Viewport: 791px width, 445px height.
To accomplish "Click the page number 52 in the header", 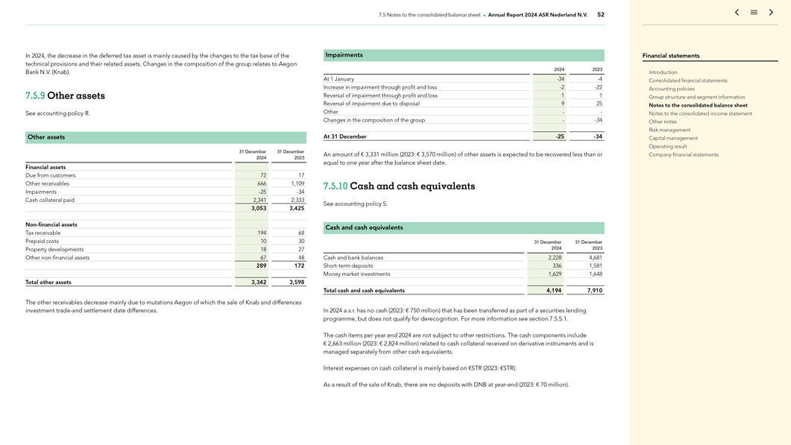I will [601, 14].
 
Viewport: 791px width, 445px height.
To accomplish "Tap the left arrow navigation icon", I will [737, 13].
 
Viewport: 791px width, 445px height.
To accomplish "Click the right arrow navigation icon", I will [771, 13].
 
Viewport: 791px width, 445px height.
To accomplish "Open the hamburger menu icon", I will [754, 13].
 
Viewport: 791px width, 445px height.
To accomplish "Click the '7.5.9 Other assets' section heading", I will [65, 96].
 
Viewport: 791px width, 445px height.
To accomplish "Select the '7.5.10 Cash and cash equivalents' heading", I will [399, 186].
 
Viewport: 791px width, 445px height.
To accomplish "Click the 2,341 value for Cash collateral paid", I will [259, 200].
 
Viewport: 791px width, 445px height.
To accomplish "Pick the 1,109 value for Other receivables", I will [297, 183].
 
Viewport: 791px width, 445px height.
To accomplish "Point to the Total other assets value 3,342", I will [259, 283].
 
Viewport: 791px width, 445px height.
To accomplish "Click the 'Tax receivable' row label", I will [43, 233].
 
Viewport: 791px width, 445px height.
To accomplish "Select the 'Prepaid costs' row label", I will [42, 242].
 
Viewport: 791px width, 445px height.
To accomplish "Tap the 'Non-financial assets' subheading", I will [51, 224].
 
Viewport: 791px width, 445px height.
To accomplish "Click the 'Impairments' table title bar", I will [463, 55].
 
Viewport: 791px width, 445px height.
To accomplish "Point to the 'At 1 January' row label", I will [338, 79].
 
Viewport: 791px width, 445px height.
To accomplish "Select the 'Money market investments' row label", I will [356, 274].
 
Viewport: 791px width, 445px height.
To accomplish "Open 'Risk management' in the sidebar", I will [669, 130].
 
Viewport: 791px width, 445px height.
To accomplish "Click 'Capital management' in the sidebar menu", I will [673, 138].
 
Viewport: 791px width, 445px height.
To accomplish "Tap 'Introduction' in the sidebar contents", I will [663, 72].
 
